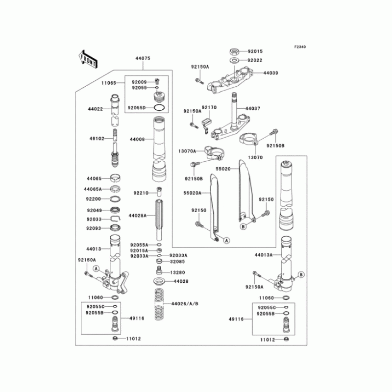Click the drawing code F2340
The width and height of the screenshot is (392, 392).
pos(300,47)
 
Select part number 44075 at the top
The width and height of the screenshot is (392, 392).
pos(143,58)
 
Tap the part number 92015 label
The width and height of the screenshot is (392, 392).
pos(255,51)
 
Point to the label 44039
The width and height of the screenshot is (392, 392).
pos(270,73)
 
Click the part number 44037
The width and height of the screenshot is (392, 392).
pos(252,108)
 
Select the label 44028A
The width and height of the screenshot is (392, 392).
pos(138,215)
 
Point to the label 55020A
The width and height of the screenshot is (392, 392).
pos(193,193)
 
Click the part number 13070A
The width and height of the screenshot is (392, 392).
pos(187,151)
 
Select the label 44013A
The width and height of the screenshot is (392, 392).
pos(264,255)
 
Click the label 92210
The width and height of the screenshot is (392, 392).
pos(141,194)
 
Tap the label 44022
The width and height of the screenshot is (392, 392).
pos(96,109)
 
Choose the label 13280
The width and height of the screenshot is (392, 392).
pos(177,272)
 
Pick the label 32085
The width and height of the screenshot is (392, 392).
pos(177,263)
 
